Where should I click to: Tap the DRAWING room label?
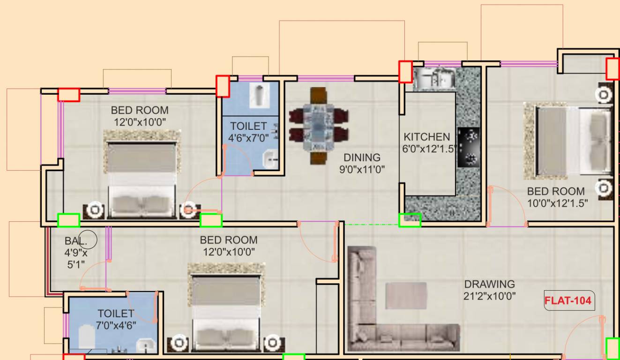pyautogui.click(x=489, y=284)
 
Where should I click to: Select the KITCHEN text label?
pyautogui.click(x=426, y=137)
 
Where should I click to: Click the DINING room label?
pyautogui.click(x=362, y=157)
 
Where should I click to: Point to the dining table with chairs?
pyautogui.click(x=318, y=126)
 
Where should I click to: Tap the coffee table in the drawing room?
pyautogui.click(x=406, y=295)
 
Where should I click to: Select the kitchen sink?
pyautogui.click(x=434, y=78)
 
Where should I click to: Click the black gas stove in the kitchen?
pyautogui.click(x=469, y=147)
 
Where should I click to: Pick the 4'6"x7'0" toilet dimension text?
pyautogui.click(x=248, y=138)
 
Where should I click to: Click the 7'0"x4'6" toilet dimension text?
pyautogui.click(x=116, y=325)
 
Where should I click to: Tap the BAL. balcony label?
pyautogui.click(x=75, y=241)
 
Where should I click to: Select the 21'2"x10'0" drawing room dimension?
pyautogui.click(x=489, y=296)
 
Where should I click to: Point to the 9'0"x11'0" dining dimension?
pyautogui.click(x=362, y=170)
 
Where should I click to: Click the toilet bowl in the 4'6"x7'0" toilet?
pyautogui.click(x=258, y=96)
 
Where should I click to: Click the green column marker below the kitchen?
pyautogui.click(x=410, y=220)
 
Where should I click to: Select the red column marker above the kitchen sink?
pyautogui.click(x=405, y=72)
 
